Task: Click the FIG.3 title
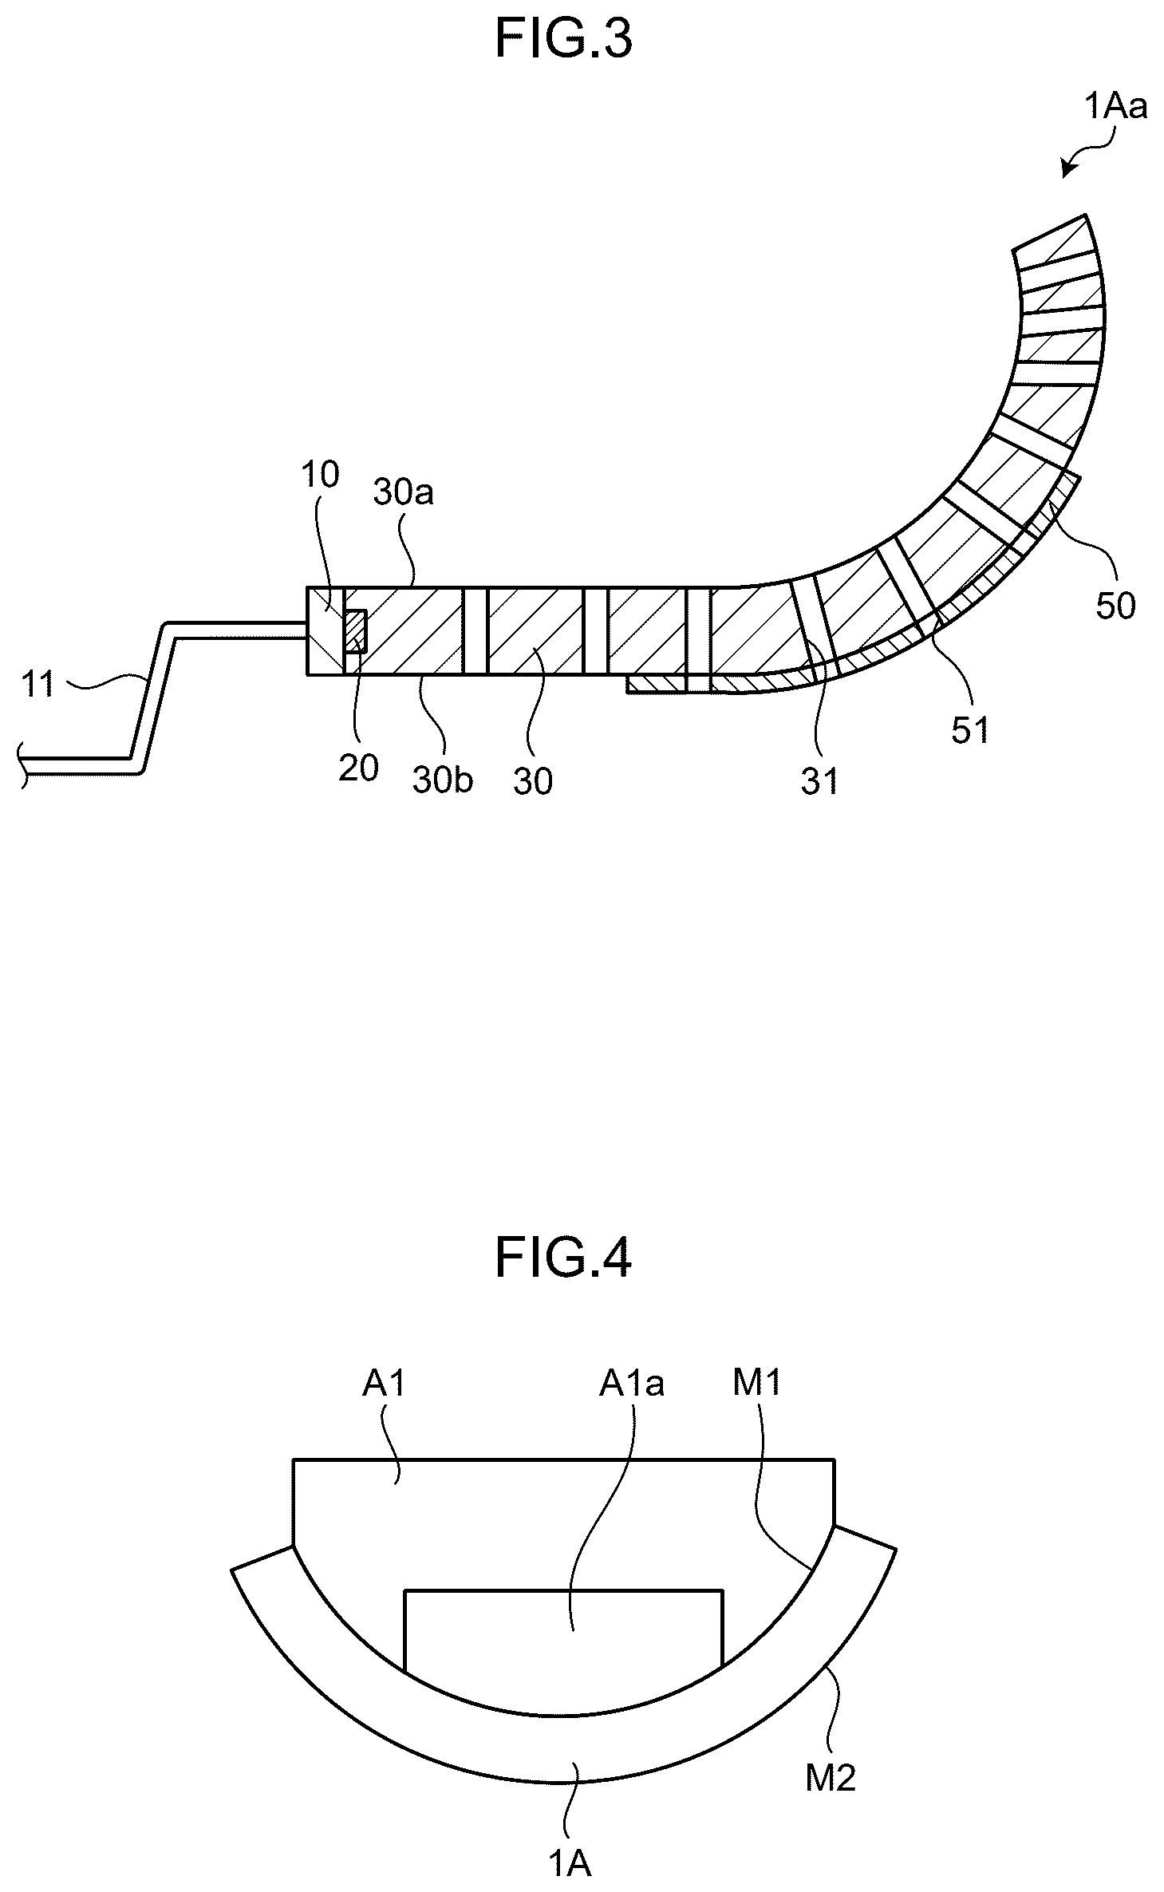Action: (563, 39)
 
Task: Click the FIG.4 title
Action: (563, 1257)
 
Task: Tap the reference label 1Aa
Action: (1115, 106)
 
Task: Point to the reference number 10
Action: (320, 475)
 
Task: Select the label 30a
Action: (404, 493)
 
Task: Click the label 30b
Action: (443, 780)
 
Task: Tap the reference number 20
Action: (358, 768)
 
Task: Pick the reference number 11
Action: (37, 685)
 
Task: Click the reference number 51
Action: (970, 729)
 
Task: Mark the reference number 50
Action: (1115, 606)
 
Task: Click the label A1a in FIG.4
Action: (632, 1384)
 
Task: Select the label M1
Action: (757, 1383)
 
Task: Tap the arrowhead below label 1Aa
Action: (1067, 169)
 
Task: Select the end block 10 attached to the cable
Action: (326, 631)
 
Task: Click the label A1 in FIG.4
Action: (385, 1383)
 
